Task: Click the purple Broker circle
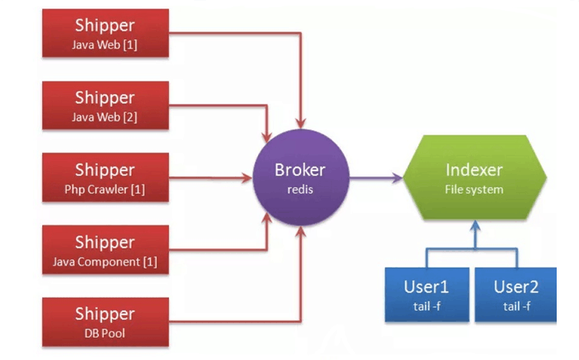point(301,178)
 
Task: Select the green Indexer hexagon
point(474,178)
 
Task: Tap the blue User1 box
point(425,294)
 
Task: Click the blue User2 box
point(516,294)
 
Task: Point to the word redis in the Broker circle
point(301,189)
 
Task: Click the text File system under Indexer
point(474,189)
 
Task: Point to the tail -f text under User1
point(425,306)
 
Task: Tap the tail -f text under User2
point(516,306)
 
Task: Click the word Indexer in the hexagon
point(474,169)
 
